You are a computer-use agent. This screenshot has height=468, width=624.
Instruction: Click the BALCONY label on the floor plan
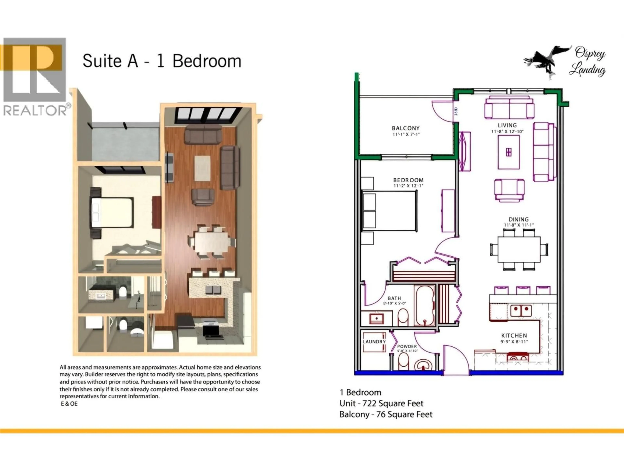click(x=406, y=128)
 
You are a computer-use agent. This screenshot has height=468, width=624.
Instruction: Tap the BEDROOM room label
click(x=408, y=180)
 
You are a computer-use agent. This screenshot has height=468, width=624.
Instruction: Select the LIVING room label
click(x=507, y=125)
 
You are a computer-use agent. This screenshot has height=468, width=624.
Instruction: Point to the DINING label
click(x=519, y=219)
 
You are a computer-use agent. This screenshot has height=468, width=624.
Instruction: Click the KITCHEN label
click(x=514, y=335)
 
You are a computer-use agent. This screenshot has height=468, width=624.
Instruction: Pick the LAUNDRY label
click(x=374, y=342)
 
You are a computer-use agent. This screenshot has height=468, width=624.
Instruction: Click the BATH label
click(x=394, y=298)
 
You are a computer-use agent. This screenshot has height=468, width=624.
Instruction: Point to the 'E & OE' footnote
click(x=69, y=404)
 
